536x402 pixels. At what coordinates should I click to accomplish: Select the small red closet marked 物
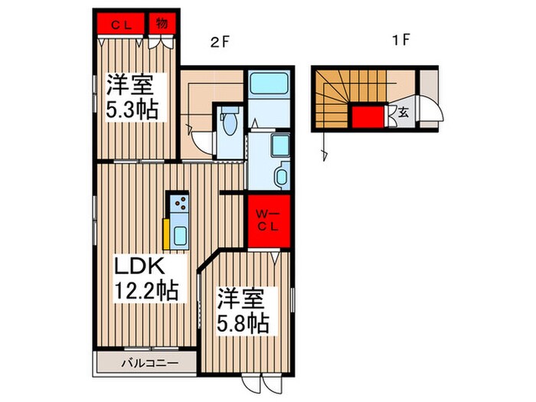[x=162, y=22]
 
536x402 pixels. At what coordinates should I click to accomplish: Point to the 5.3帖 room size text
[x=131, y=109]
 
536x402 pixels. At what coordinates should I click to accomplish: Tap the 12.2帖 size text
[x=146, y=290]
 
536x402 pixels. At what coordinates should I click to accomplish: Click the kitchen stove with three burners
[x=181, y=204]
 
